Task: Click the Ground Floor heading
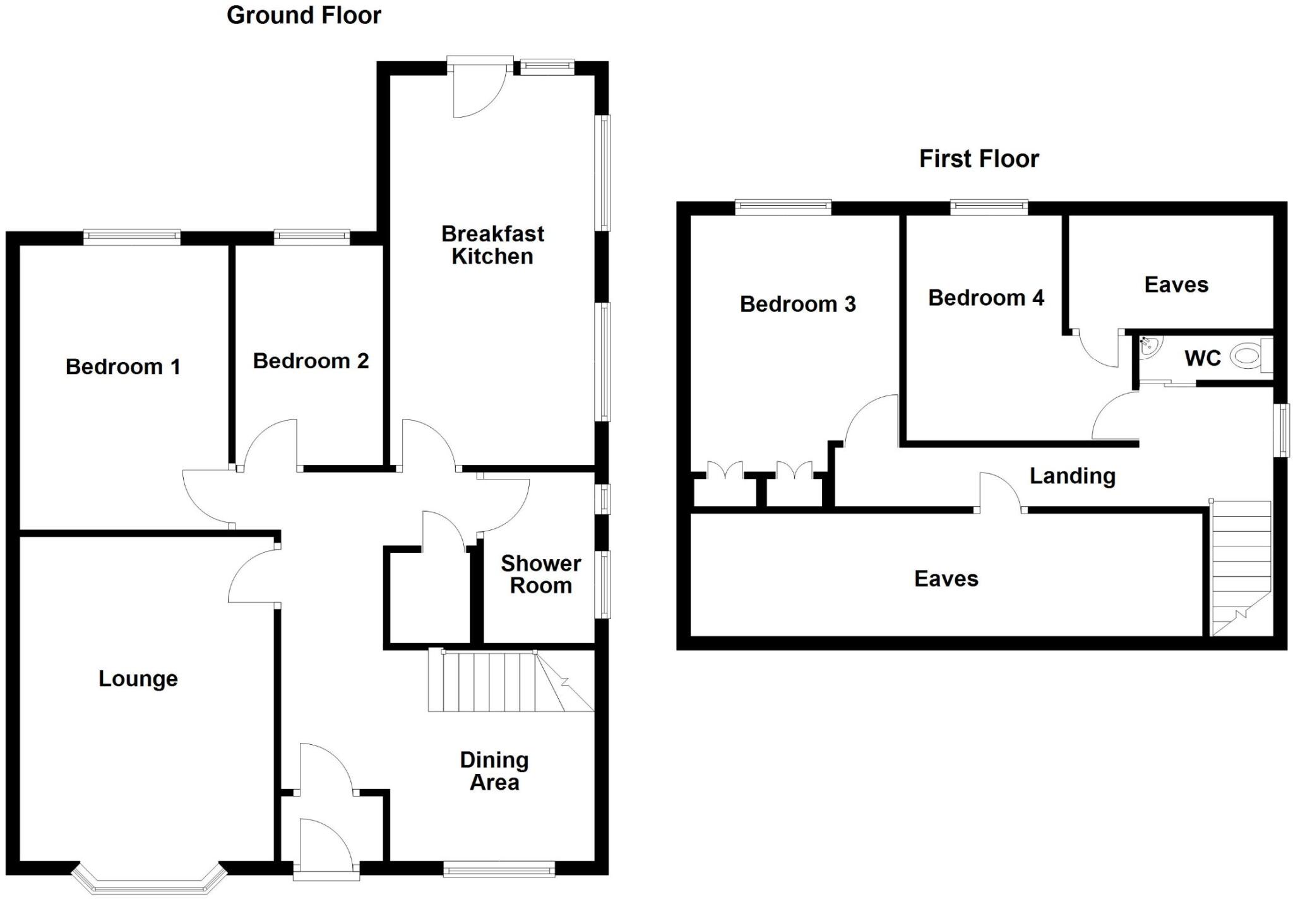point(304,15)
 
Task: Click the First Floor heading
point(979,159)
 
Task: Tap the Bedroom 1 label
point(123,366)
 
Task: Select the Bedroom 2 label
point(311,361)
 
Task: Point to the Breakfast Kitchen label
point(492,245)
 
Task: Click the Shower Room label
point(540,574)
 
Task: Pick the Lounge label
point(138,679)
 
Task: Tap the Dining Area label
point(494,771)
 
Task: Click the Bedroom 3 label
point(797,304)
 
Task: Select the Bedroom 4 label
point(986,298)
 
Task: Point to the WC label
point(1203,358)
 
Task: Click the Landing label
point(1072,476)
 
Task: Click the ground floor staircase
point(505,681)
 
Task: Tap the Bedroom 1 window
point(132,237)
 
